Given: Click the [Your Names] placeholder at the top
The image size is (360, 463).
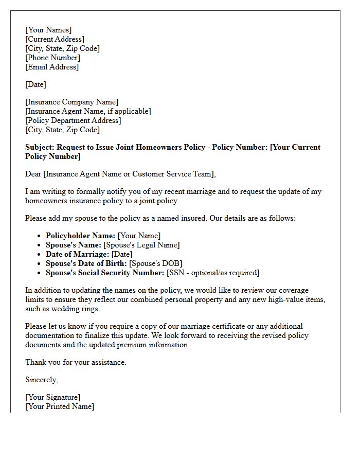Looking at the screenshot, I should tap(48, 30).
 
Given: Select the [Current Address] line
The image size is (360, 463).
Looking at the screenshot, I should tap(55, 39).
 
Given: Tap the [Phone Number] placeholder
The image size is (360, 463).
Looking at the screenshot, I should tap(52, 58).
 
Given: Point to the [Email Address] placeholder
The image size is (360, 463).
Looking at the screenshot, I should tap(52, 67).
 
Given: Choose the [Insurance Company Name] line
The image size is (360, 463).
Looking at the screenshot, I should tap(71, 102).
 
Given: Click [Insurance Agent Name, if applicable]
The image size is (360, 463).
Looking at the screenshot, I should tap(88, 111).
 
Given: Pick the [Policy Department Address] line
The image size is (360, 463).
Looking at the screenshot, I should tap(73, 120).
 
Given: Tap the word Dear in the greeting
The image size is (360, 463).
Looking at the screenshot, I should tap(33, 174).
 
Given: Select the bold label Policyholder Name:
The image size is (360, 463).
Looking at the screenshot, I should tap(80, 236).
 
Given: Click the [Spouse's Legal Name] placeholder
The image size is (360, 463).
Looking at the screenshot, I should tap(141, 245).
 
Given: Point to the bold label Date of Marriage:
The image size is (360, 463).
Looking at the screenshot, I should tap(77, 254).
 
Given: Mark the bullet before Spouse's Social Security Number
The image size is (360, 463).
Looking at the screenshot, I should tap(39, 273).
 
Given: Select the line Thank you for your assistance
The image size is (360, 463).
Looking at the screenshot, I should tap(76, 362).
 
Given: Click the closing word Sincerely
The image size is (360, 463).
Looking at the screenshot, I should tap(41, 380).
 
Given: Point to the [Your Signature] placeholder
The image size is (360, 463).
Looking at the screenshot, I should tap(52, 397).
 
